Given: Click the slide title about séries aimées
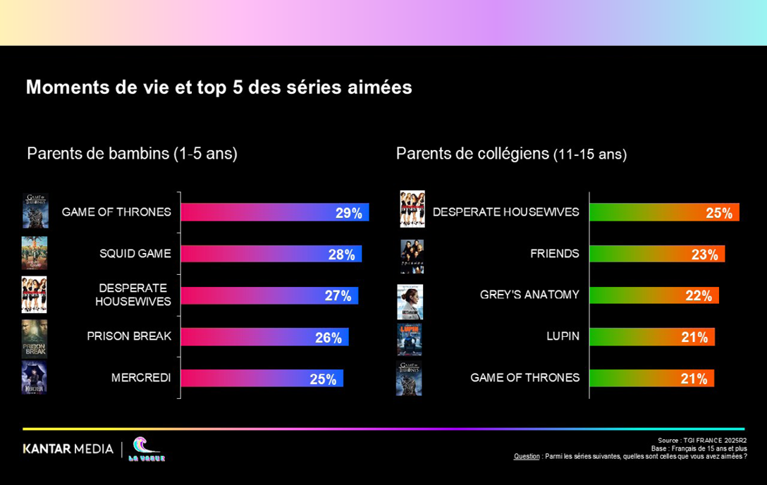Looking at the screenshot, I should click(x=219, y=87).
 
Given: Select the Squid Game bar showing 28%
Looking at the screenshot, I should click(x=271, y=254).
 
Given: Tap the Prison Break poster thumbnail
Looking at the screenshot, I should click(x=35, y=339).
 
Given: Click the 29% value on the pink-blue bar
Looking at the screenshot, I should click(x=348, y=213).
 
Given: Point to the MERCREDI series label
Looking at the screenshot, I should click(x=141, y=378).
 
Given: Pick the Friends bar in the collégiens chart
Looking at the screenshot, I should click(x=656, y=254).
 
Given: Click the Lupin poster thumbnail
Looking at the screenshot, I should click(x=410, y=340).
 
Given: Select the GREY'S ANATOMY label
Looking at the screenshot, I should click(x=529, y=295).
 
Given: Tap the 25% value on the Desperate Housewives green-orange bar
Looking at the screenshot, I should click(x=719, y=213).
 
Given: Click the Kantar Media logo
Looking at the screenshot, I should click(x=68, y=449).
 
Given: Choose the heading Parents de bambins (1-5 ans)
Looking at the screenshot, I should click(x=132, y=154).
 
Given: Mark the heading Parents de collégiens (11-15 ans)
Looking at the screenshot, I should click(x=511, y=154).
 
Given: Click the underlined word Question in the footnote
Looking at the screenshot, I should click(x=527, y=456).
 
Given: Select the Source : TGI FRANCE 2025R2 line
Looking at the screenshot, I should click(x=702, y=441).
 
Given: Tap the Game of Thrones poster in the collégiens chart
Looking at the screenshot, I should click(x=410, y=379).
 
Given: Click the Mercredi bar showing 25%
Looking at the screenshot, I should click(x=262, y=379).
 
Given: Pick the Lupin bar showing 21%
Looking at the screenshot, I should click(x=651, y=337).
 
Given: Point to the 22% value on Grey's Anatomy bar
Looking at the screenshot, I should click(x=699, y=296).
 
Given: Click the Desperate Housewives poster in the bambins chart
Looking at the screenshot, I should click(x=35, y=295).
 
